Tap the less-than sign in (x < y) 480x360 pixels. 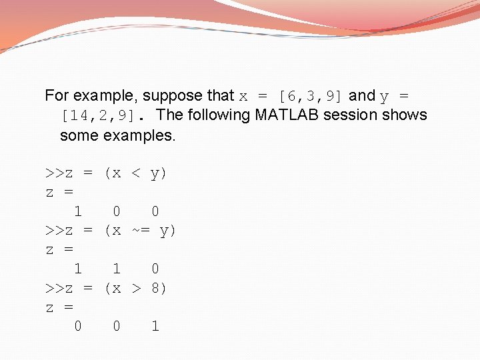pyautogui.click(x=136, y=174)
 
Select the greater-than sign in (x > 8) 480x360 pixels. pyautogui.click(x=136, y=289)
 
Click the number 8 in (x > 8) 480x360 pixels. pyautogui.click(x=155, y=289)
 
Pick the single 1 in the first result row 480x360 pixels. pyautogui.click(x=78, y=212)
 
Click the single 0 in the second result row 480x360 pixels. pyautogui.click(x=155, y=269)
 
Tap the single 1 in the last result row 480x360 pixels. pyautogui.click(x=155, y=327)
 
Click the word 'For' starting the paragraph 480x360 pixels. pyautogui.click(x=57, y=96)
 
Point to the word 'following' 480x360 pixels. pyautogui.click(x=217, y=115)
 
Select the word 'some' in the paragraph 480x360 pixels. pyautogui.click(x=79, y=135)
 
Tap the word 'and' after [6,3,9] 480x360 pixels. pyautogui.click(x=362, y=96)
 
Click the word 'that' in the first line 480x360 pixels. pyautogui.click(x=221, y=96)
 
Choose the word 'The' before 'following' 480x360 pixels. pyautogui.click(x=169, y=115)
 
